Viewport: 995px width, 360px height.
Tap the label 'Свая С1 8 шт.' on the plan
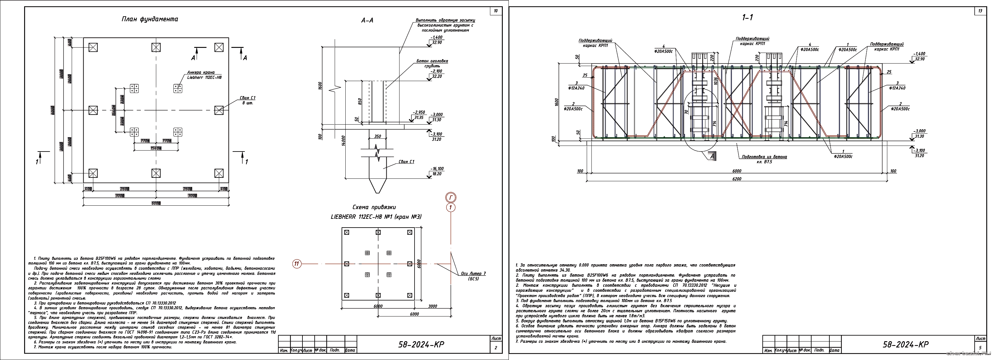(248, 100)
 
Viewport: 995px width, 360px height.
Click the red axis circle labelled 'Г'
(451, 198)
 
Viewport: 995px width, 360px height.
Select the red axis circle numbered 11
(296, 264)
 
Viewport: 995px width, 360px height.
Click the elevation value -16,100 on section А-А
(437, 169)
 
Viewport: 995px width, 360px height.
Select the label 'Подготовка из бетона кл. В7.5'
(764, 159)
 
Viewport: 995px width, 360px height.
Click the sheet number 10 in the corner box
(496, 11)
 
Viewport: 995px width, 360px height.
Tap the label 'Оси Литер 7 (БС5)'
(473, 276)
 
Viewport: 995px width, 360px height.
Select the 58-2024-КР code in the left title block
(421, 345)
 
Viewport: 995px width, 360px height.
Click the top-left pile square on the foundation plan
(93, 47)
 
